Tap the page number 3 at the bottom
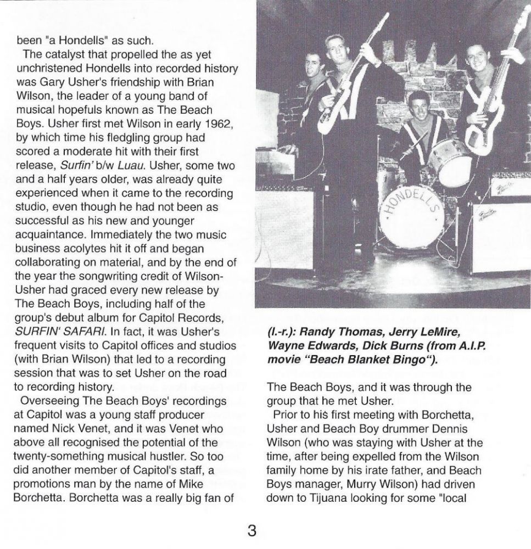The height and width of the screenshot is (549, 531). click(x=251, y=531)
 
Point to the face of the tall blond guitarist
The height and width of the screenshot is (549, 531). click(x=337, y=49)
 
